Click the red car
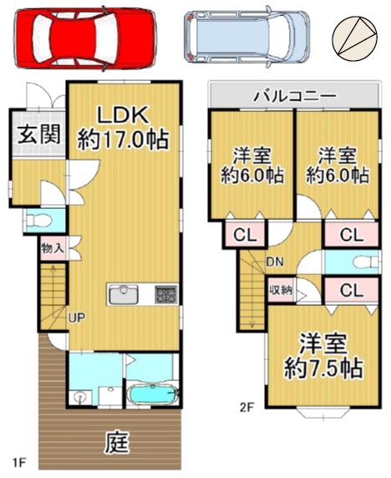tap(85, 38)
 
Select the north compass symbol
tap(355, 38)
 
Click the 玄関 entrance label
tap(39, 135)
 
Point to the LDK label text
tap(123, 115)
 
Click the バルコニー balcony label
tap(295, 96)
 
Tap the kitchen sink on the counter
tap(124, 294)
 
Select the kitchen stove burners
tap(166, 294)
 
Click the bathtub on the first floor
tap(152, 394)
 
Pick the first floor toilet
tap(39, 220)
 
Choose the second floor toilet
tap(366, 262)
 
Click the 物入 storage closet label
tap(53, 248)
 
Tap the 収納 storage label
tap(280, 290)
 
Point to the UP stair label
tap(77, 318)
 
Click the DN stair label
tap(275, 262)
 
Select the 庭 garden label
tap(117, 442)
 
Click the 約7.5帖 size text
tap(323, 368)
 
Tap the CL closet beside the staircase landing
tap(246, 235)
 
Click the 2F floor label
tap(246, 407)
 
